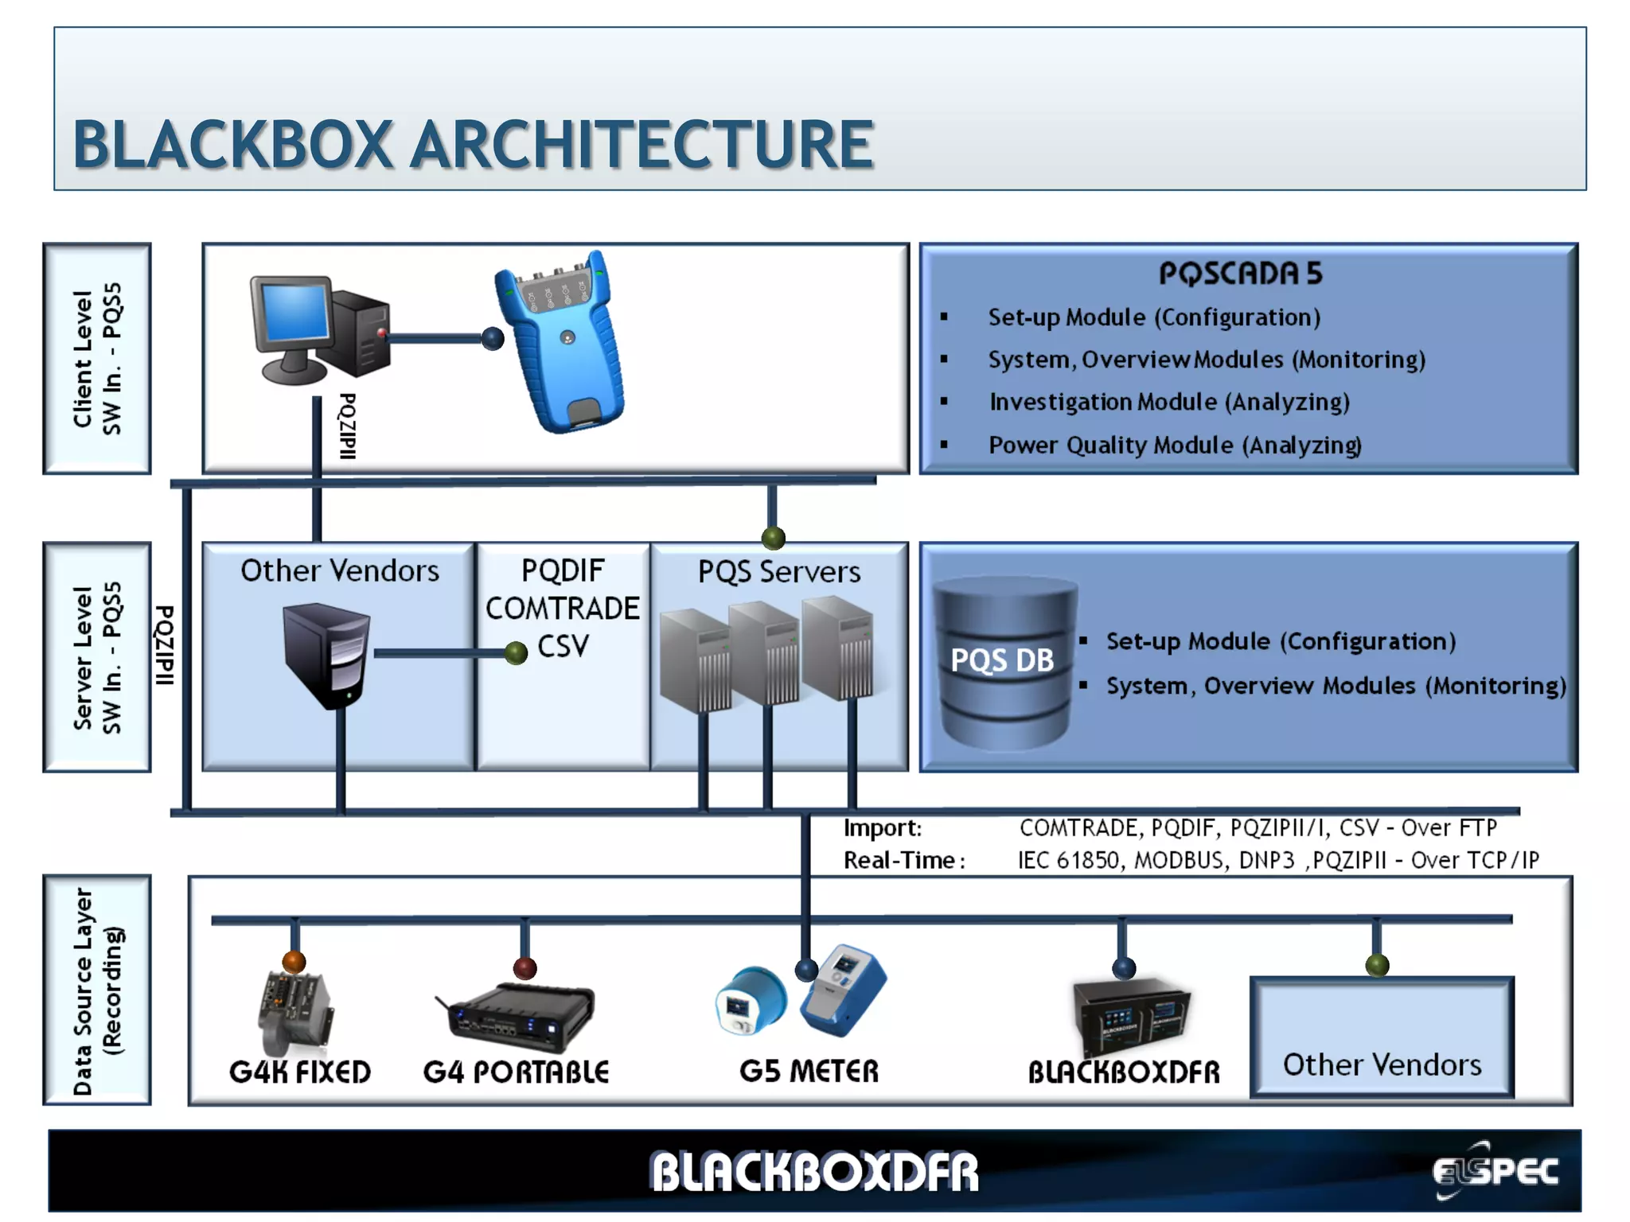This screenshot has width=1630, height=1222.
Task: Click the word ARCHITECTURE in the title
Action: tap(641, 145)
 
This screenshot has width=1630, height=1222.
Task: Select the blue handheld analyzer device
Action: tap(562, 342)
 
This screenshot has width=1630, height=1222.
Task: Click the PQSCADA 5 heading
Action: tap(1240, 274)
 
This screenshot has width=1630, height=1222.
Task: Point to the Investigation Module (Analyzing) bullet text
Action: tap(1169, 403)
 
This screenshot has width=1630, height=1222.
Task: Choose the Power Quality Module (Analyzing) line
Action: tap(1175, 446)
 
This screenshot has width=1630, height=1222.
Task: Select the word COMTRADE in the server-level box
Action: tap(562, 609)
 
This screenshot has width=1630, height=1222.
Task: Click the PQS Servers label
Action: tap(779, 572)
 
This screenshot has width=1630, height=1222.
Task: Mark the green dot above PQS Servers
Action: tap(774, 539)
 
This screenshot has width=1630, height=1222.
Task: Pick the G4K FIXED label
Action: tap(300, 1072)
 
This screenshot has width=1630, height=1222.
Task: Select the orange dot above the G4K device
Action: tap(294, 962)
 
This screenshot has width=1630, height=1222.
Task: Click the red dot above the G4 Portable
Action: tap(524, 968)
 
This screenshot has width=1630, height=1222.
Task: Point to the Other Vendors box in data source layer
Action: tap(1382, 1037)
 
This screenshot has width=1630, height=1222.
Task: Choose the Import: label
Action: tap(883, 828)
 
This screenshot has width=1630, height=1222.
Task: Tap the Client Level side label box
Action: tap(97, 358)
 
